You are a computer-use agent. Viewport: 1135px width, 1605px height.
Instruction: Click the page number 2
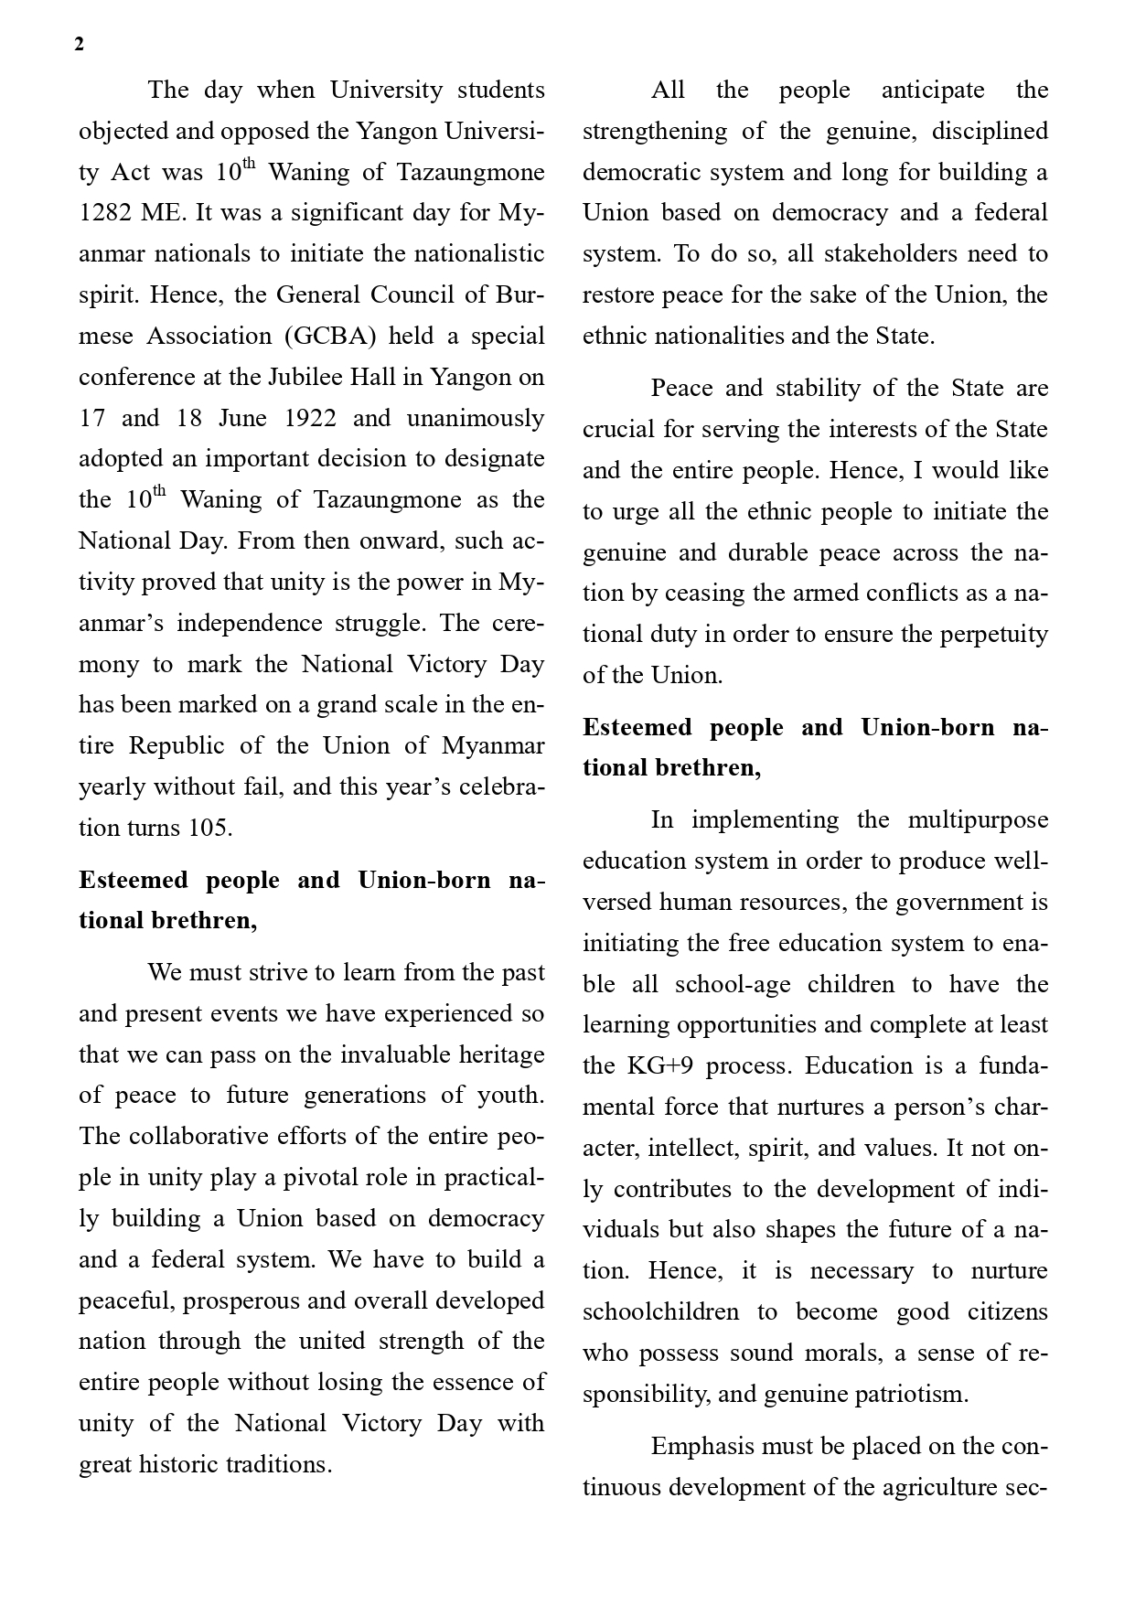80,45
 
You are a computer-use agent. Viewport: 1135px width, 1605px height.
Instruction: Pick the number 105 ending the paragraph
209,828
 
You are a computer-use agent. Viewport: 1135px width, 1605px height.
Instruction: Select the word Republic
177,745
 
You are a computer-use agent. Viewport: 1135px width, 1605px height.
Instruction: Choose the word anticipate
933,90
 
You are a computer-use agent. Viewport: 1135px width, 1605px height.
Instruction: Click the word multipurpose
978,819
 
